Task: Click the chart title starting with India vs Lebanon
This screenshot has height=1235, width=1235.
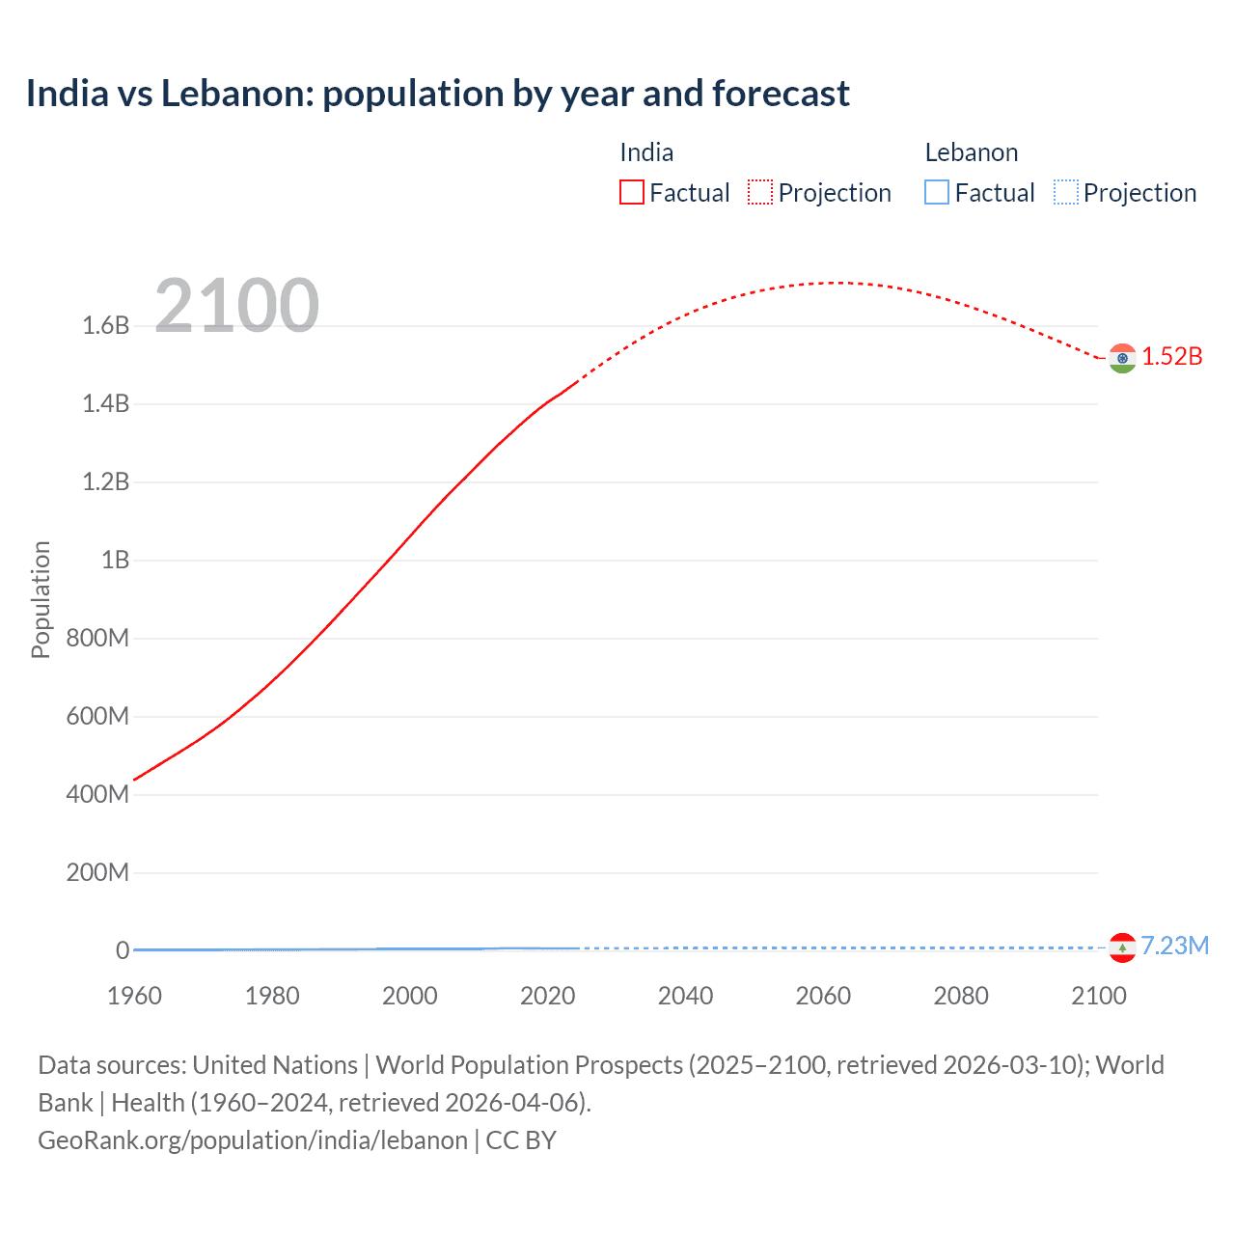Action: (437, 94)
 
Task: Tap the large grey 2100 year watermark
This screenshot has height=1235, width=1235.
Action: (236, 306)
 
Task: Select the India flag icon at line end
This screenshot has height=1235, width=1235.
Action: (1121, 358)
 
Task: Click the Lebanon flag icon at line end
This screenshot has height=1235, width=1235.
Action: (1121, 947)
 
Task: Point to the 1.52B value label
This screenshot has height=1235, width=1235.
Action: (1172, 357)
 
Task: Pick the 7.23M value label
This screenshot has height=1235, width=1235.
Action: (1174, 946)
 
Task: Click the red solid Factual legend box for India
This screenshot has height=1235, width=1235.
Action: (631, 193)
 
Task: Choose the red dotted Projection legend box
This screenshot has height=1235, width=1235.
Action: (760, 193)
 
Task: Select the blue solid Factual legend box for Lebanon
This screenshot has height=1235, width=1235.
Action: (937, 193)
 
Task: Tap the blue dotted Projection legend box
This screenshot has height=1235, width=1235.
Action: (1065, 193)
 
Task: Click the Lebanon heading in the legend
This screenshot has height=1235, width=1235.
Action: (971, 152)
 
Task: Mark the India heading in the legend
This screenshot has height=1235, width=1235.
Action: (646, 152)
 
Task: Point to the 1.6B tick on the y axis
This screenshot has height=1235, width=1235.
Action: (105, 325)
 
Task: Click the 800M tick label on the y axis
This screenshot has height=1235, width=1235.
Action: (97, 638)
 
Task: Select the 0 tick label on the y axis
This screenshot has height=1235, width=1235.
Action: (123, 950)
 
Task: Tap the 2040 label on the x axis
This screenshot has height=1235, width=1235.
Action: (685, 996)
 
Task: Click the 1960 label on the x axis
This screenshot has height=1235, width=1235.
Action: (134, 996)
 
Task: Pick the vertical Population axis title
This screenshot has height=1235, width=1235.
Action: (41, 599)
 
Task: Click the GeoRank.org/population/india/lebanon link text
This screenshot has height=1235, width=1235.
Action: (253, 1140)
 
